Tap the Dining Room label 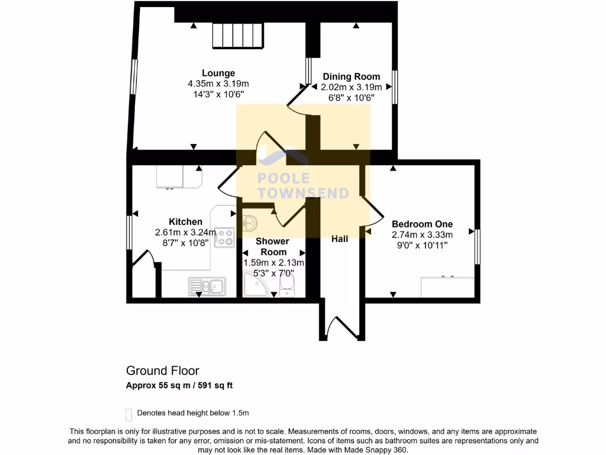point(351,76)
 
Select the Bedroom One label point(422,224)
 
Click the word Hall point(339,239)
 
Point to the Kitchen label point(185,222)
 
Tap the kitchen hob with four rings point(224,238)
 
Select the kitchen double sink point(206,287)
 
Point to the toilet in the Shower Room point(286,289)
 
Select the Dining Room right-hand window point(394,87)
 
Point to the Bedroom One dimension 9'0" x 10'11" point(422,244)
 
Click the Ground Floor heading point(163,371)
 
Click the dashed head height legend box point(128,413)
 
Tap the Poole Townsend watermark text point(303,185)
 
